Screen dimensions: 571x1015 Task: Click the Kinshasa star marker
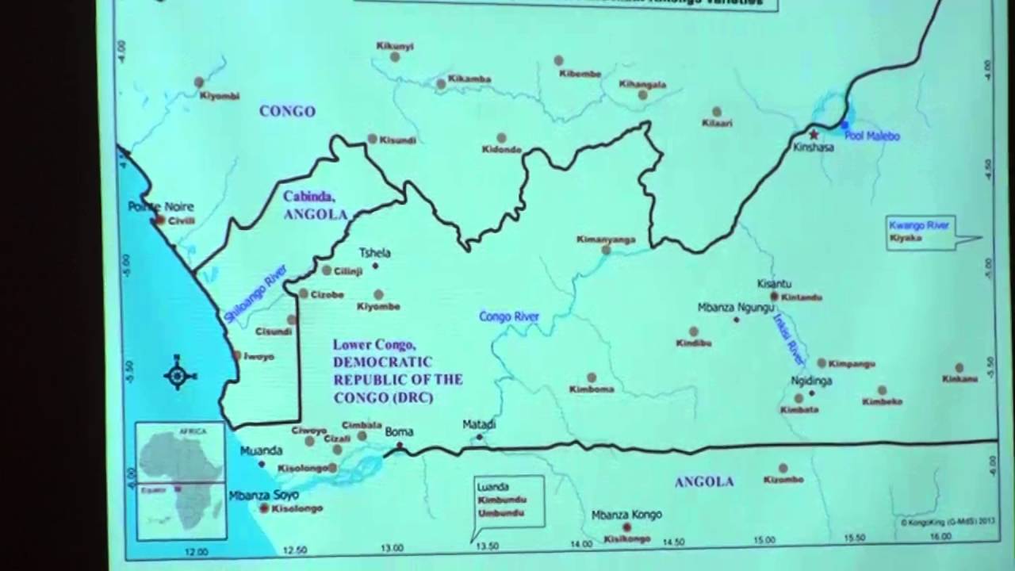813,135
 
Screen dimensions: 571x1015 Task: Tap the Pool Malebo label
871,136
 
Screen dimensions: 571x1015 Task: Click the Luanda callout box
510,500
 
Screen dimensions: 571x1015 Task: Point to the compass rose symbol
178,374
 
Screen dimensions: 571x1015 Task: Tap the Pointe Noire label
161,207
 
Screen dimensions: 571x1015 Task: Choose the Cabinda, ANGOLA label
316,205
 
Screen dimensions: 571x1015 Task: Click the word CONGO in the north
287,112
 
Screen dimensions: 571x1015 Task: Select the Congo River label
509,317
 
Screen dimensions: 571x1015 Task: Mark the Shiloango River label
255,293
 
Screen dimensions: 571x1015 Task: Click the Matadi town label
479,425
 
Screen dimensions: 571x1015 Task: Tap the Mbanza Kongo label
626,515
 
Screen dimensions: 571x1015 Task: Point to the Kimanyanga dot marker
606,250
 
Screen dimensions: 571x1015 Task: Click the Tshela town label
375,253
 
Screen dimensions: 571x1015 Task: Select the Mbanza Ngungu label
736,307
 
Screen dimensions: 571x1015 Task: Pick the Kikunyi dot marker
394,57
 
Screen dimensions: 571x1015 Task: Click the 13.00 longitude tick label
392,548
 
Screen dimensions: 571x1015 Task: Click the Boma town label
399,432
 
